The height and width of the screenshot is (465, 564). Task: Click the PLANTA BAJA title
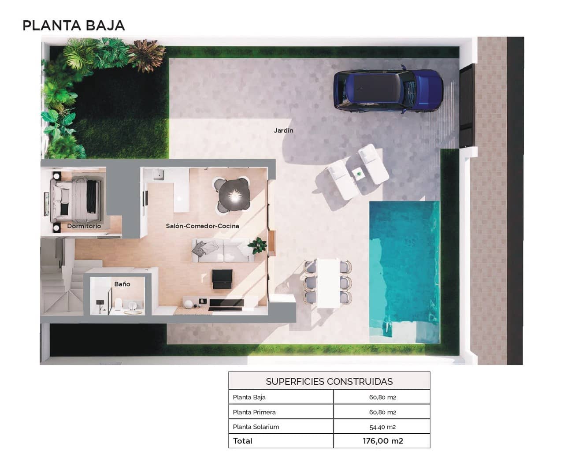point(74,26)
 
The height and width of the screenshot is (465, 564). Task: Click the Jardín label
point(283,130)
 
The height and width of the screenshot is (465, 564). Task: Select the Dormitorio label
point(84,226)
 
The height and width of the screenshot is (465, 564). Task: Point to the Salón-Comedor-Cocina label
point(202,226)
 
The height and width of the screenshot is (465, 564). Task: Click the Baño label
point(122,284)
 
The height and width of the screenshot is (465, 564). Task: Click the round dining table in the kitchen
point(234,194)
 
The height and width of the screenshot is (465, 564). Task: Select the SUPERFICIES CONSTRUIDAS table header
point(329,381)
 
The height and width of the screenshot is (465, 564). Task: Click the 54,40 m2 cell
point(382,427)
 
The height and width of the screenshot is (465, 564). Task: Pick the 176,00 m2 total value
point(382,441)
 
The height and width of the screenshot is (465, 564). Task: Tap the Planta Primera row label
point(254,412)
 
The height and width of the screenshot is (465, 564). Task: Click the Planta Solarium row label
point(256,427)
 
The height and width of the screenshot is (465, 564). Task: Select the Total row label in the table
point(242,441)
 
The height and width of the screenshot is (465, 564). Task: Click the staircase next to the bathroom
point(62,282)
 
